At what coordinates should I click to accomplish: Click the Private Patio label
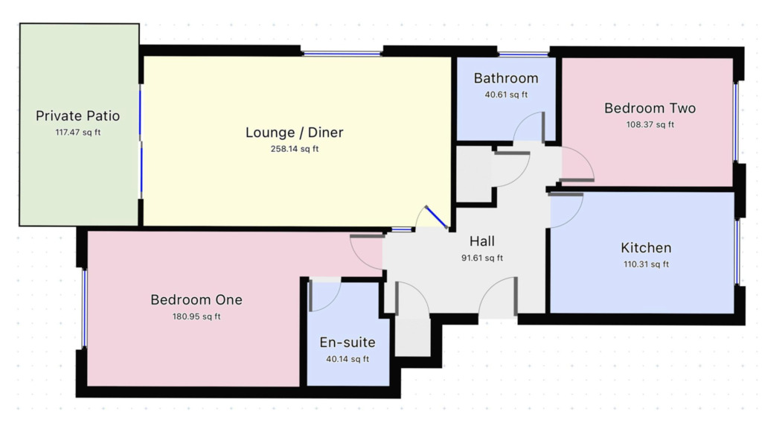[x=77, y=115]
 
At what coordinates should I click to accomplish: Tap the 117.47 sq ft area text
[x=77, y=133]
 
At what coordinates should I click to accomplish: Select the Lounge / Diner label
[x=295, y=133]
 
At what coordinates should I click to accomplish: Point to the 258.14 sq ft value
[x=295, y=149]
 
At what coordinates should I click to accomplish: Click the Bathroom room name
[x=506, y=78]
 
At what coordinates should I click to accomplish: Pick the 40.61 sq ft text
[x=506, y=95]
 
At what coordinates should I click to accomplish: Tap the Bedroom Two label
[x=650, y=108]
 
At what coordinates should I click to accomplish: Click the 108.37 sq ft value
[x=650, y=124]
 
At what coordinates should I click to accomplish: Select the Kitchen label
[x=646, y=248]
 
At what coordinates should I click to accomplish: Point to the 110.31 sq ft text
[x=646, y=264]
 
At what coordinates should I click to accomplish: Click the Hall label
[x=482, y=241]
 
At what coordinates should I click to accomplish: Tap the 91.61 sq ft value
[x=482, y=258]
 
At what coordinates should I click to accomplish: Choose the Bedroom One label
[x=196, y=299]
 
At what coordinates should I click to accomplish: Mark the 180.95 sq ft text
[x=196, y=317]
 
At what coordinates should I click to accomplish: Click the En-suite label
[x=348, y=343]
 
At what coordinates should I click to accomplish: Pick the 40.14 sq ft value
[x=348, y=359]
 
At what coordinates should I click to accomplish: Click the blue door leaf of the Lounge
[x=436, y=217]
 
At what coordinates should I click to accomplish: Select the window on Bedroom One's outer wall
[x=85, y=308]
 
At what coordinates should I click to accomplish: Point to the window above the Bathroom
[x=523, y=54]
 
